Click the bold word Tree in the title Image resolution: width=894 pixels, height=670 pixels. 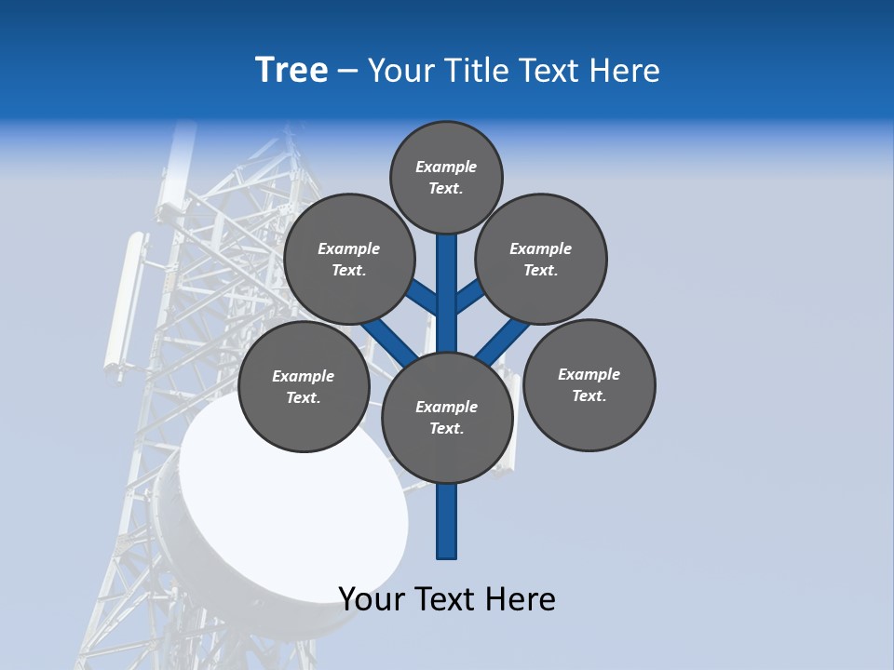click(291, 71)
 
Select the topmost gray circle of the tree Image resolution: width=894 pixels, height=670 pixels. click(446, 177)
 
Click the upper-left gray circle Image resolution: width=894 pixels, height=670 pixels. click(348, 259)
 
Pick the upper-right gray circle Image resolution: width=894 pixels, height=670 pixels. click(541, 259)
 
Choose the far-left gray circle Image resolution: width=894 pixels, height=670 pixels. click(304, 386)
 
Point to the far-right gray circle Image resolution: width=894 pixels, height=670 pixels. click(589, 384)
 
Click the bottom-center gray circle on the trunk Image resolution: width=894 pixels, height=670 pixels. click(447, 418)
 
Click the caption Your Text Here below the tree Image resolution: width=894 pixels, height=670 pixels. click(447, 599)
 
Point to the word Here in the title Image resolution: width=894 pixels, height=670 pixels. click(628, 71)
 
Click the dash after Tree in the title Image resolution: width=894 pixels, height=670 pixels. click(347, 71)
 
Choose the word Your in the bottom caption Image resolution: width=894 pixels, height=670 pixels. click(372, 599)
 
